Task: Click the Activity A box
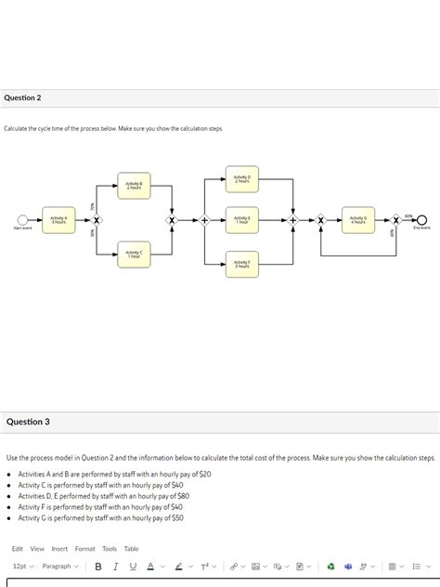tap(58, 220)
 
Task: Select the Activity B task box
tap(134, 186)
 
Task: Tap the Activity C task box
tap(134, 254)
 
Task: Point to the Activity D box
tap(241, 179)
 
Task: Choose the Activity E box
tap(241, 220)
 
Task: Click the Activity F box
tap(241, 264)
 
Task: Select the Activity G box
tap(357, 220)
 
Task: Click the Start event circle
tap(22, 220)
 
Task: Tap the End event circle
tap(421, 220)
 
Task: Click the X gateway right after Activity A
tap(97, 220)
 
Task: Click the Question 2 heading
tap(22, 98)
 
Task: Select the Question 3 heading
tap(28, 422)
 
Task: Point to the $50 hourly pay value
tap(175, 518)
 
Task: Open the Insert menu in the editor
tap(59, 549)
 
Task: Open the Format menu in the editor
tap(84, 549)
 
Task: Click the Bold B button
tap(98, 566)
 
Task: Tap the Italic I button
tap(114, 566)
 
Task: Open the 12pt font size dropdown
tap(22, 566)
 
